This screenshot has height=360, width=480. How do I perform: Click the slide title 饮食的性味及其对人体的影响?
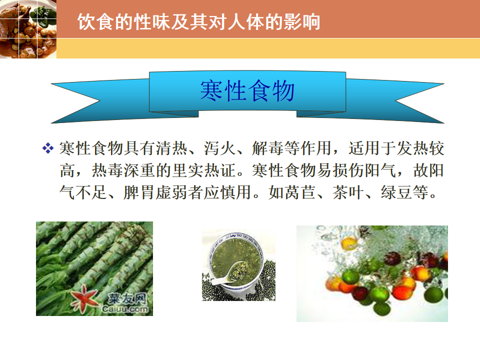click(198, 21)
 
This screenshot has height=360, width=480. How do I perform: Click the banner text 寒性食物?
click(247, 90)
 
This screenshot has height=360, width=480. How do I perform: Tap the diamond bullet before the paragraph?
click(48, 148)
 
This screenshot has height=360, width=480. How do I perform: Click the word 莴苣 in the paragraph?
click(300, 192)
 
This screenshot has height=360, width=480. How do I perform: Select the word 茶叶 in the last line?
click(348, 192)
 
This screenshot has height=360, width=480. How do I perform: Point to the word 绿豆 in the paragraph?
click(396, 192)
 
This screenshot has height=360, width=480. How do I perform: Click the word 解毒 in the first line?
click(267, 148)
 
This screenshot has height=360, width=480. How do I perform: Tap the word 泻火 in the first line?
click(219, 148)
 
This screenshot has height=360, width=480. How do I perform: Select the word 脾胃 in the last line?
click(139, 192)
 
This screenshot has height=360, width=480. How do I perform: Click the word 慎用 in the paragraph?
click(235, 192)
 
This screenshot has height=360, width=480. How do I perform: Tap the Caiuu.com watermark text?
click(125, 309)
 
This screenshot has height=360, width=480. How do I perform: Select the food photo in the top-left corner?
click(28, 29)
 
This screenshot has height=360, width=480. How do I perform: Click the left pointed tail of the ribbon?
click(51, 83)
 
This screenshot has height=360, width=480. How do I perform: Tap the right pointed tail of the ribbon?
click(443, 83)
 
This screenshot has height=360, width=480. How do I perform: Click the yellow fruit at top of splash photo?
click(349, 243)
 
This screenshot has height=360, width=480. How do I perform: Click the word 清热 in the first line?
click(171, 148)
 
